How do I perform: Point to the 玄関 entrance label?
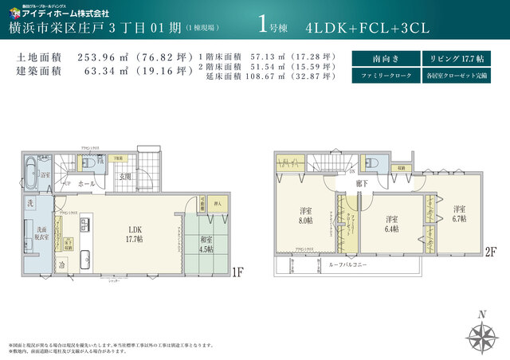[125, 176]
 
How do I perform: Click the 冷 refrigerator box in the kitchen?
[62, 264]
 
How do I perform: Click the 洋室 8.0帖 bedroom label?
[306, 215]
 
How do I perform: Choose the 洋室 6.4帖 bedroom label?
[391, 224]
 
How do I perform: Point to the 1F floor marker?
[237, 272]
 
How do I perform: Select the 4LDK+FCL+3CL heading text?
[367, 26]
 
